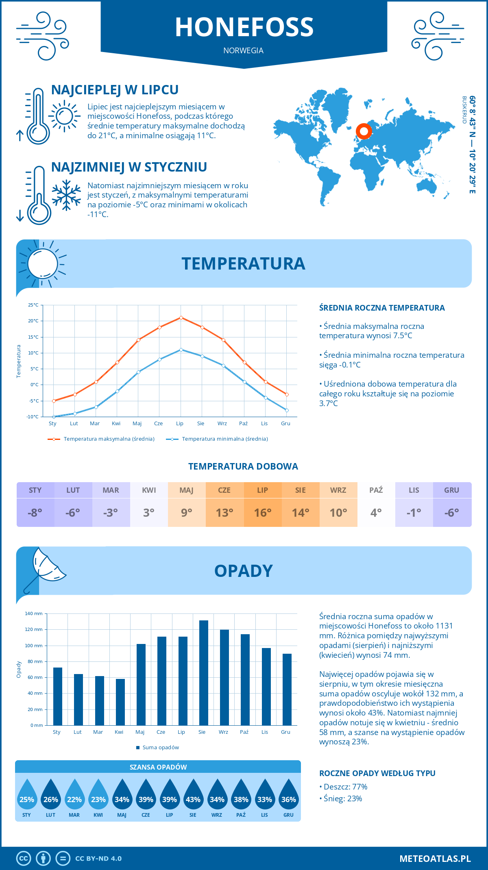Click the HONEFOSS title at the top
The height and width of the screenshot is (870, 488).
(244, 27)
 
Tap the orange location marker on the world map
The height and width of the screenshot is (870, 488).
(364, 131)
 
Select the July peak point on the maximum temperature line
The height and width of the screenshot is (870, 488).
(181, 318)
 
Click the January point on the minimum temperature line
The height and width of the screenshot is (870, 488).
(54, 417)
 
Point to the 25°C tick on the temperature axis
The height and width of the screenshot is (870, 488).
(33, 305)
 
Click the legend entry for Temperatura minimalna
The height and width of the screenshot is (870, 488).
(217, 439)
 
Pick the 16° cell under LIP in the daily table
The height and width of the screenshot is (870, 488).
(262, 513)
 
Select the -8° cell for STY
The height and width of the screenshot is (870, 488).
(35, 513)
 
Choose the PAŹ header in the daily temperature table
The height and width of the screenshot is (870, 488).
(376, 490)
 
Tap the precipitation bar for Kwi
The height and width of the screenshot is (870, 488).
(120, 702)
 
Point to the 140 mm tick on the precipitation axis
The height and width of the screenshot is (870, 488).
(34, 613)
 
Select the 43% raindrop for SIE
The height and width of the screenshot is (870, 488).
(193, 796)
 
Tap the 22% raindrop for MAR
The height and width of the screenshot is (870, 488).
(74, 796)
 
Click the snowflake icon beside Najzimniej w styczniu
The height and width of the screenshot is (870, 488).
(66, 195)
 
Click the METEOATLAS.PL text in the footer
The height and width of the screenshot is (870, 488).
(435, 859)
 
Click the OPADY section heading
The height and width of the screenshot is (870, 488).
(243, 571)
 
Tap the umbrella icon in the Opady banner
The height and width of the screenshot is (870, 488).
(45, 567)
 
